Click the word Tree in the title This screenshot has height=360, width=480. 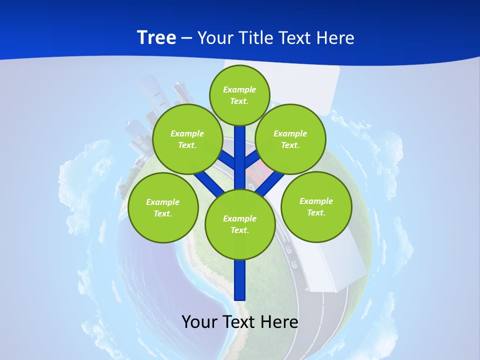coord(156,38)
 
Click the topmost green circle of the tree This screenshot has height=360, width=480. coord(239,95)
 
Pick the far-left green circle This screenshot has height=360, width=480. coord(163,208)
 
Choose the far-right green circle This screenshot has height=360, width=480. coord(316,207)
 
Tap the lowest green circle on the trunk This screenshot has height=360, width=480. coord(240,224)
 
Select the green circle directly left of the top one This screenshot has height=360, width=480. coord(187,139)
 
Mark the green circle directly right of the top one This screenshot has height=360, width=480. coord(290,139)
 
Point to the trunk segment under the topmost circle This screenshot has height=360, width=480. coord(240,150)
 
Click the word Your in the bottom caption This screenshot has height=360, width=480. coord(199,322)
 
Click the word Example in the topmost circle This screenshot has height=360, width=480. coord(239,89)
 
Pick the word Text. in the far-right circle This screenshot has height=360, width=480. coord(316,212)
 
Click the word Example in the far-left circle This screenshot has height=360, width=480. coord(163,202)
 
